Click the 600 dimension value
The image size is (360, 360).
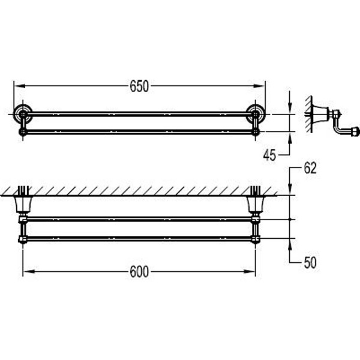tap(139, 271)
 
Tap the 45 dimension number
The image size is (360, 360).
tap(269, 155)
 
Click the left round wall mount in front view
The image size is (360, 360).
tap(22, 112)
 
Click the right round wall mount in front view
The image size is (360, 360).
tap(256, 112)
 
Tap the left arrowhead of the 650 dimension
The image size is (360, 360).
tap(16, 86)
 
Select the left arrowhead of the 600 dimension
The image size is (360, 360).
tap(26, 271)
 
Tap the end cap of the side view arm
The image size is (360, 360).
tap(355, 129)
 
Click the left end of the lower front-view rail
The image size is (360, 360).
tap(23, 130)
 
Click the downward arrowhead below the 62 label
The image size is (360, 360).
tap(290, 191)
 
